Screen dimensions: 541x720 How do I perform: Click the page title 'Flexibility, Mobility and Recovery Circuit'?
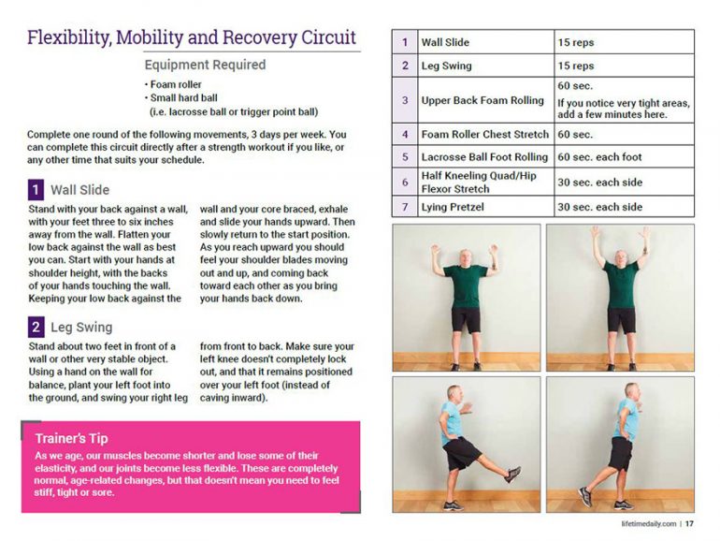192,37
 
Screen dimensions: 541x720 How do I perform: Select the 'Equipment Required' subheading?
205,65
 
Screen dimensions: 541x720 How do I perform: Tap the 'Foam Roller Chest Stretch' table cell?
486,134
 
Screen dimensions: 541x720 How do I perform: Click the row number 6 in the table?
405,182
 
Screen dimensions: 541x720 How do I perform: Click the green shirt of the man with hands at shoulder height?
465,285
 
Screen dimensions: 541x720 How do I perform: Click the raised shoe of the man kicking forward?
511,474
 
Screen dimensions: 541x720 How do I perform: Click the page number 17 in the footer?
689,524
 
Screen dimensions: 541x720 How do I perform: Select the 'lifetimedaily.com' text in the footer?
646,524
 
